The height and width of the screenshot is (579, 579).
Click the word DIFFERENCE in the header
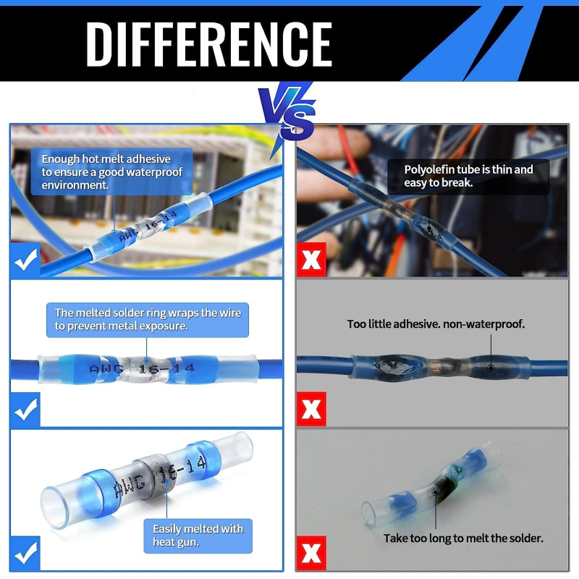point(209,44)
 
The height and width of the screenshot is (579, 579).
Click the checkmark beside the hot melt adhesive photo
point(25,260)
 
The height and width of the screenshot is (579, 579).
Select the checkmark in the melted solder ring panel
point(25,410)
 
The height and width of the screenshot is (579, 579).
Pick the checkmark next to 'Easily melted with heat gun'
point(25,553)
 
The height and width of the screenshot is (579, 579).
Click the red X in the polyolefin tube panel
point(311,260)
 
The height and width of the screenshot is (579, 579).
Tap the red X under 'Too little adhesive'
point(311,409)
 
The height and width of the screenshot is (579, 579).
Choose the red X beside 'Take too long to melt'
point(311,553)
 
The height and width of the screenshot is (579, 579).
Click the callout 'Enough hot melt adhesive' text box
point(111,172)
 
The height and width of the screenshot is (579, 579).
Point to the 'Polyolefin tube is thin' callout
point(468,176)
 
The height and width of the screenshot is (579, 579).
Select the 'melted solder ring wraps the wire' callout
point(148,320)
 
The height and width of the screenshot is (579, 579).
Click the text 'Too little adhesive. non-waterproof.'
point(436,324)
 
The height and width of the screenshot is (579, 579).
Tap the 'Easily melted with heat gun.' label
point(198,536)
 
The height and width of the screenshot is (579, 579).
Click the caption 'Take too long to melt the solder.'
point(463,538)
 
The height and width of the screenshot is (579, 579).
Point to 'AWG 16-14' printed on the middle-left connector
point(142,368)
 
